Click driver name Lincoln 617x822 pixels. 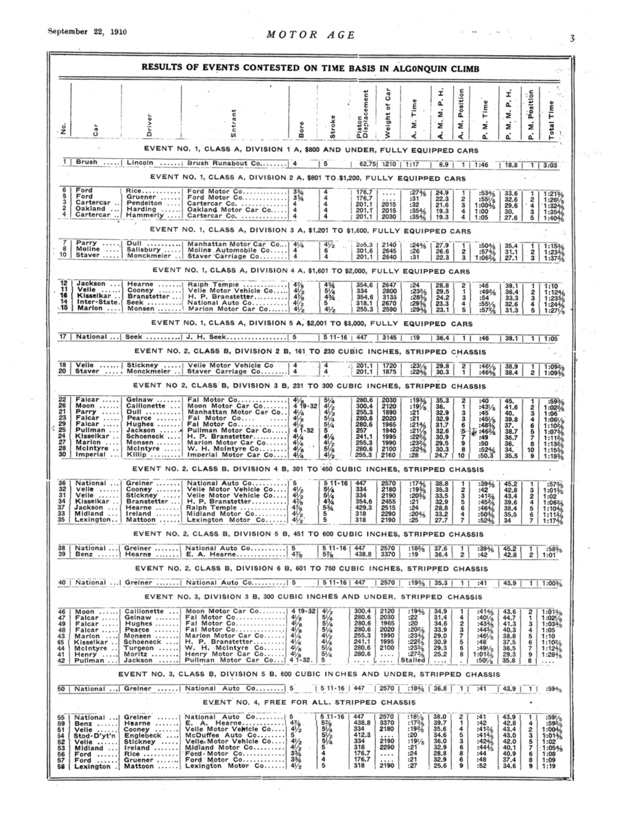pos(143,164)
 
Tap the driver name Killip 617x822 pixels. pos(136,453)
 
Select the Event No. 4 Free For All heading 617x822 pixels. pos(305,703)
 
